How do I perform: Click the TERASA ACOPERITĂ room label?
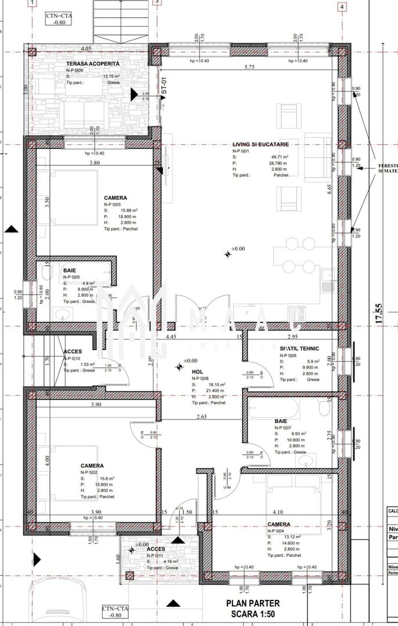click(92, 63)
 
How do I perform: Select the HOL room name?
click(197, 372)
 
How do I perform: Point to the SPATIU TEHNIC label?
click(300, 349)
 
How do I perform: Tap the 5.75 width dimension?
click(250, 67)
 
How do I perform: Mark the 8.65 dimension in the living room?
click(328, 188)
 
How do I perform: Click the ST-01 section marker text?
click(164, 87)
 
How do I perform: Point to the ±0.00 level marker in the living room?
click(234, 249)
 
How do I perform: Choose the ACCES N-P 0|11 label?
click(156, 549)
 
